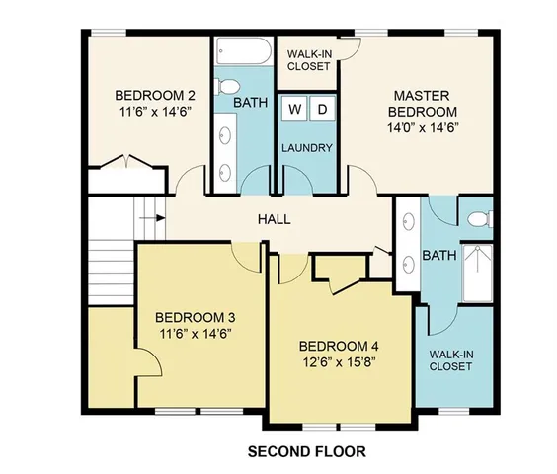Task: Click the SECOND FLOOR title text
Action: click(x=305, y=451)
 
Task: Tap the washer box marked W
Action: click(x=295, y=109)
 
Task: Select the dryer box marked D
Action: click(x=322, y=109)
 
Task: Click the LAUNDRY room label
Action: click(x=307, y=148)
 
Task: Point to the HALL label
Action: click(x=274, y=219)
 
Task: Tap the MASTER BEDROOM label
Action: click(x=424, y=111)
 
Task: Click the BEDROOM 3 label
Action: click(x=195, y=317)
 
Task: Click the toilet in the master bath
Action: click(x=480, y=218)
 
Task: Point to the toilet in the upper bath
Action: click(x=224, y=84)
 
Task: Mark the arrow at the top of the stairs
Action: click(x=150, y=211)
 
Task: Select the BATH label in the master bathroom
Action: click(x=438, y=255)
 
